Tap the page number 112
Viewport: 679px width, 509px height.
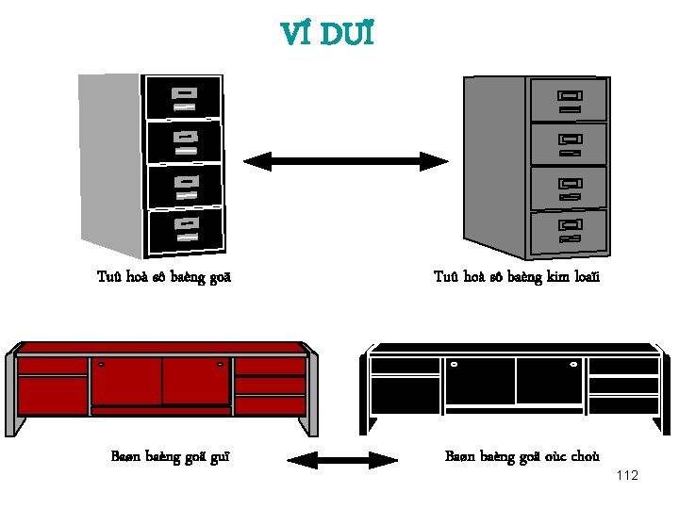(x=626, y=475)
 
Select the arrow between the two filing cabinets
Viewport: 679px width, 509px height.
(x=346, y=161)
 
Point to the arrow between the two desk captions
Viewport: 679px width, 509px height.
(x=342, y=461)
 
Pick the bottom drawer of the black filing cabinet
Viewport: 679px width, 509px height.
(x=186, y=229)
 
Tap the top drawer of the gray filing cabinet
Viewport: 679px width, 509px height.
(x=568, y=99)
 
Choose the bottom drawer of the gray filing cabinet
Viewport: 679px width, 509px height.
(x=569, y=232)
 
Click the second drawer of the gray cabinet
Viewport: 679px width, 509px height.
(x=568, y=143)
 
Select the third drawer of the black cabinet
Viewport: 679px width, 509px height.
(x=185, y=186)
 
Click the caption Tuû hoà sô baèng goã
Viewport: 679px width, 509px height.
(x=164, y=277)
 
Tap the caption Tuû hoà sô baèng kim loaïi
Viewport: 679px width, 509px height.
(x=516, y=277)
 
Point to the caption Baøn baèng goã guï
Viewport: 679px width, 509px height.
(x=170, y=457)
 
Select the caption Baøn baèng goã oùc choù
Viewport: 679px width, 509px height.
(x=522, y=457)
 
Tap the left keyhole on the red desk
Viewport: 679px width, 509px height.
(x=101, y=364)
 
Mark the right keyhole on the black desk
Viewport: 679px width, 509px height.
(x=572, y=364)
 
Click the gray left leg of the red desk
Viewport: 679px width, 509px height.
(x=10, y=396)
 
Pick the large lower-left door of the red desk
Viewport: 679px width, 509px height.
(x=52, y=395)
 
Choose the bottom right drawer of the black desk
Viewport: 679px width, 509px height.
(x=623, y=404)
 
